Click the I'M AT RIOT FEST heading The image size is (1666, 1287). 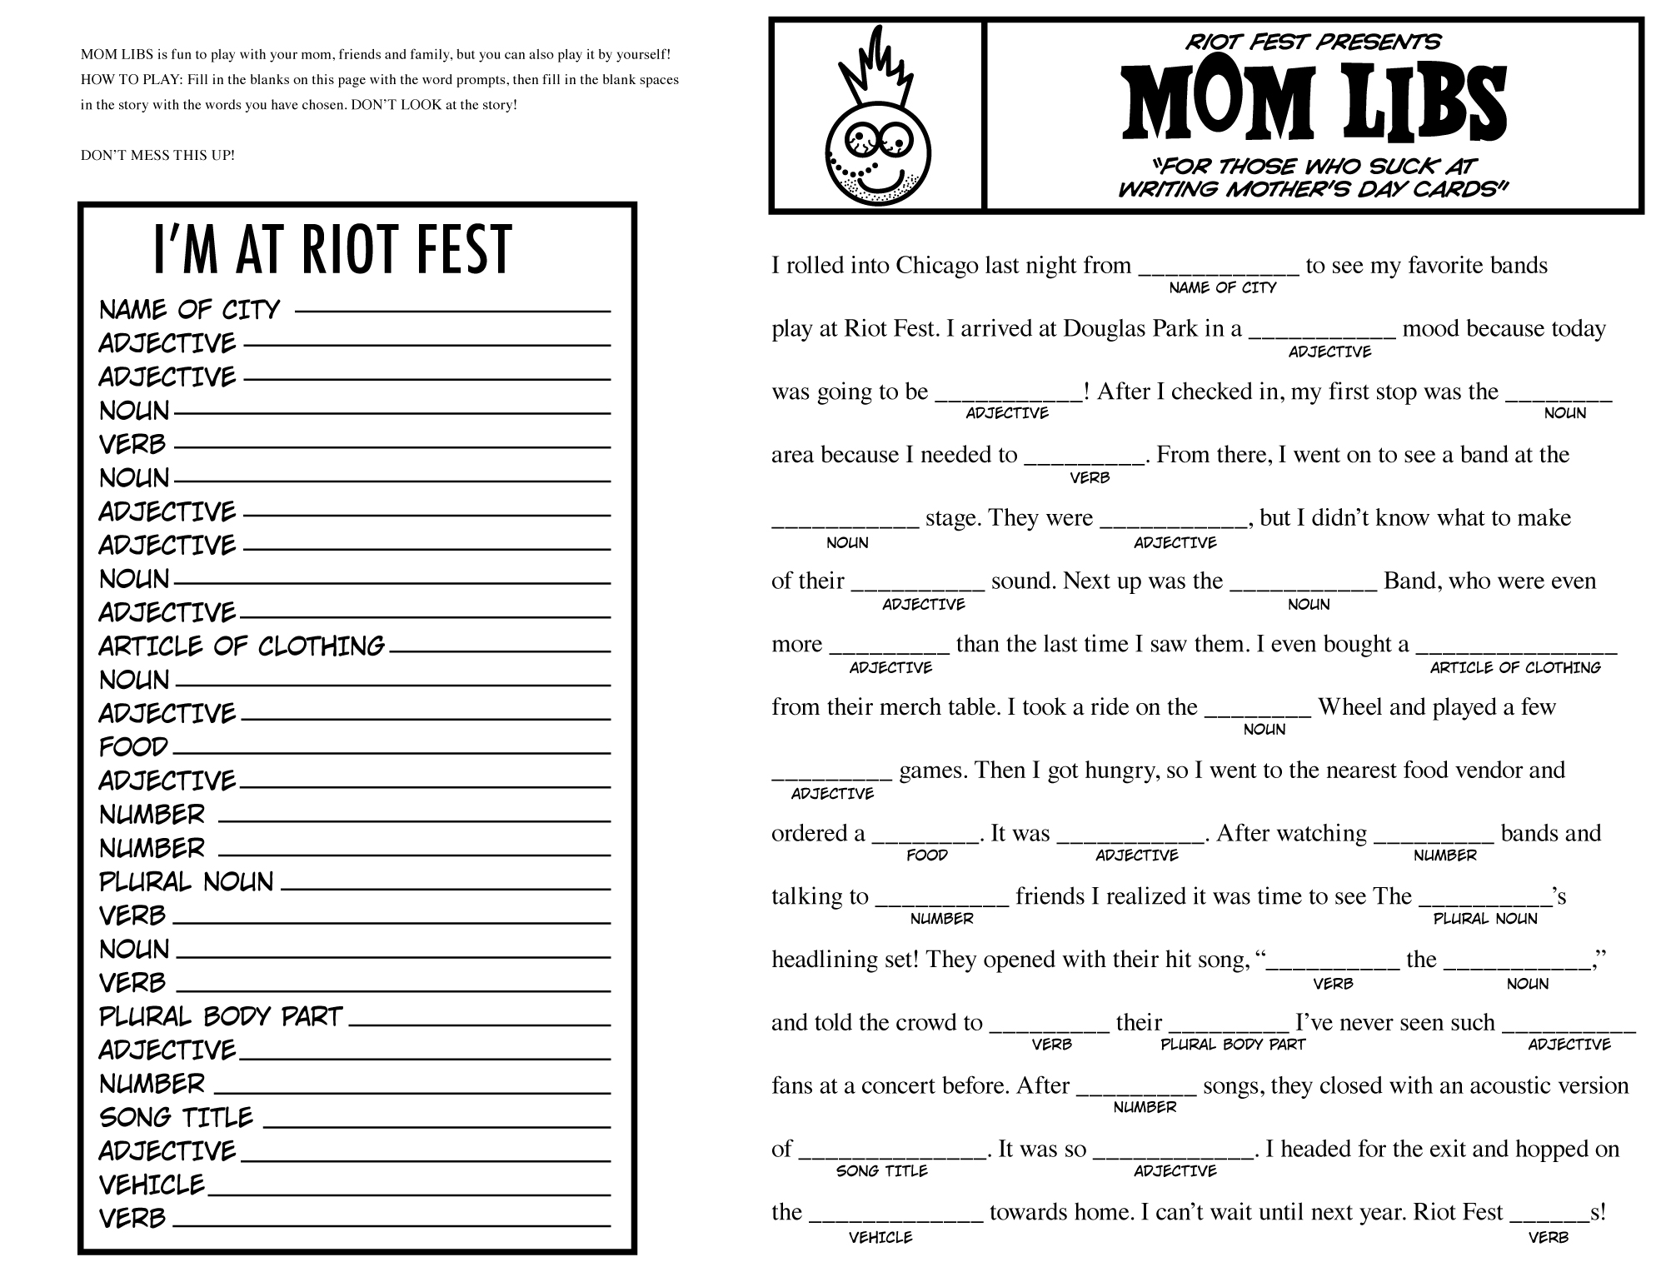(332, 250)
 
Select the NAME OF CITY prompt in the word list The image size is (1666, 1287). (190, 310)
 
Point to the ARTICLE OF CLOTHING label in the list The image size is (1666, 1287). (242, 646)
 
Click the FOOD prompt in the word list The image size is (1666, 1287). (133, 747)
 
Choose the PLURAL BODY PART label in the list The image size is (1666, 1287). (221, 1017)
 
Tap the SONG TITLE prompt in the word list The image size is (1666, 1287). (176, 1118)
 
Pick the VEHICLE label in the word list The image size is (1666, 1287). (152, 1185)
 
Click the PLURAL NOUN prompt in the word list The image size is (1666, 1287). (187, 882)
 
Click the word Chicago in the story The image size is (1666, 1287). (936, 266)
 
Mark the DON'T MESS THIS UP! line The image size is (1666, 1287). (157, 156)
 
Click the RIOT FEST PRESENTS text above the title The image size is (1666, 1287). (1313, 42)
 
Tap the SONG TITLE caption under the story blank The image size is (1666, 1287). (881, 1171)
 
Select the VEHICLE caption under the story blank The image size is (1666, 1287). (880, 1238)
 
